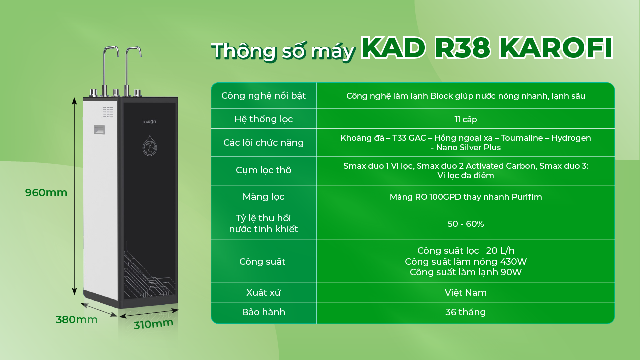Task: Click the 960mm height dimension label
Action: (46, 193)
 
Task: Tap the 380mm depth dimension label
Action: (77, 319)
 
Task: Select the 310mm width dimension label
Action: (153, 324)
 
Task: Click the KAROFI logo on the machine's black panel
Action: (149, 122)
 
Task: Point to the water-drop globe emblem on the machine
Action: (149, 146)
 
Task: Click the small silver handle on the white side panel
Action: (99, 130)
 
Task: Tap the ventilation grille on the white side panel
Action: (108, 112)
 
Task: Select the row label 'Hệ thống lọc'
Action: (263, 119)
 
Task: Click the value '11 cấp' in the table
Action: (465, 119)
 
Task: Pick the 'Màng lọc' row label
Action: (263, 197)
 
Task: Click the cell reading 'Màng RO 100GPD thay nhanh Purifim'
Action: (465, 197)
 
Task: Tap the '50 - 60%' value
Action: (465, 224)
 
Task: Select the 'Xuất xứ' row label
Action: (263, 292)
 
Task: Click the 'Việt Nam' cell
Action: (465, 293)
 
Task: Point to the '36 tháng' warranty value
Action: (465, 312)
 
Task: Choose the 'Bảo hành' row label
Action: (263, 312)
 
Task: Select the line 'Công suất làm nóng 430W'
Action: (465, 261)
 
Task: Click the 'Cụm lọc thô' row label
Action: (263, 170)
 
